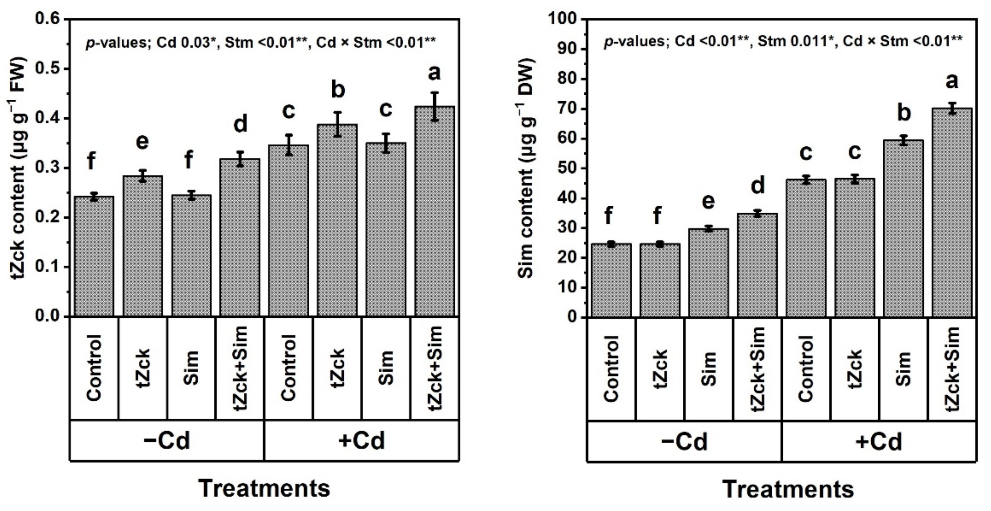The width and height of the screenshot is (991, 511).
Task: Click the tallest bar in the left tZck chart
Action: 435,212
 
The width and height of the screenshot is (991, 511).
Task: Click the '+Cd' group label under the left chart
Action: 362,440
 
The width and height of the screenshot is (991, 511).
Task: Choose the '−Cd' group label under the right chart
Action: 684,442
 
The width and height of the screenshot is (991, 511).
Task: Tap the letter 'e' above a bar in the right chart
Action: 708,202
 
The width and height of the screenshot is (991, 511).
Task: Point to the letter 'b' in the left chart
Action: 337,89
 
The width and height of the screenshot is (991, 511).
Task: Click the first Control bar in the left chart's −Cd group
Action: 94,256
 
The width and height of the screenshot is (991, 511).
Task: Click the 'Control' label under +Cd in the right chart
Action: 806,368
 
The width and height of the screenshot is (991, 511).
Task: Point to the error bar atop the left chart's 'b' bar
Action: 337,124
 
